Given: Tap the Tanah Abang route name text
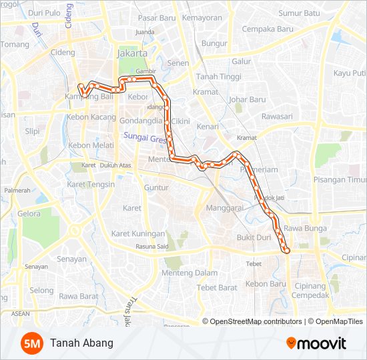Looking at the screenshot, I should (x=81, y=343).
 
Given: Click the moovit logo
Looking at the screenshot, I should (x=316, y=343).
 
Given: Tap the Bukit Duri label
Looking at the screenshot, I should (x=253, y=237).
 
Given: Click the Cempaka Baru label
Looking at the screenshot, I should (x=268, y=29).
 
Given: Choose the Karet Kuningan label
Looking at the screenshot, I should (x=138, y=234).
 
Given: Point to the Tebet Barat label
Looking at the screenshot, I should (x=218, y=287).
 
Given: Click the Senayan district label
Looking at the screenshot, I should (x=71, y=259).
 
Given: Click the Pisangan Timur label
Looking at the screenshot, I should (x=340, y=180).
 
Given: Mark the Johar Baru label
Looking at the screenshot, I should (x=247, y=100).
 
